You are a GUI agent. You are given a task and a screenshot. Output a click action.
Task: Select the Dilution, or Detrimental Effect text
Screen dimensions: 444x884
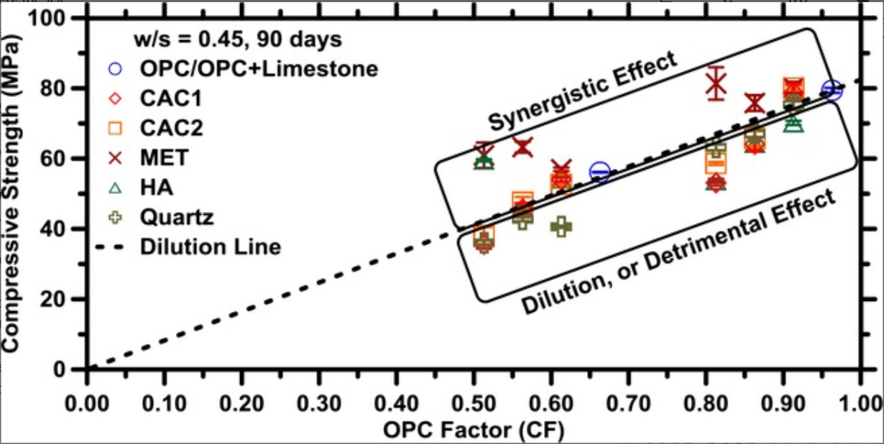tap(678, 254)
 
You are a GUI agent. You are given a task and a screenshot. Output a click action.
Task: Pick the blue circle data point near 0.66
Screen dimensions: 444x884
tap(599, 172)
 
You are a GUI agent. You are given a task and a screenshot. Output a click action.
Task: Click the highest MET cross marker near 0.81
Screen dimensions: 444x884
tap(715, 84)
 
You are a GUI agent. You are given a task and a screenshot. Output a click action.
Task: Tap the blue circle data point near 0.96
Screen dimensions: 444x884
tap(832, 91)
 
